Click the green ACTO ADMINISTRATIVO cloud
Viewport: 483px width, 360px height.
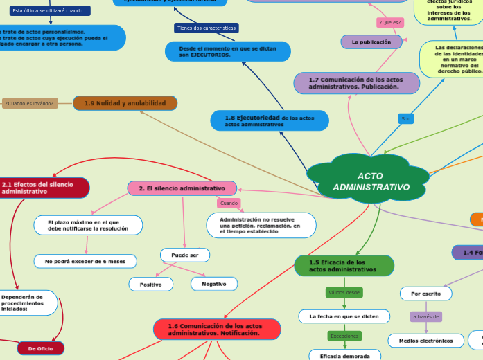[369, 181]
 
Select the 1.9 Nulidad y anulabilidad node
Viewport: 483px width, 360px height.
[125, 103]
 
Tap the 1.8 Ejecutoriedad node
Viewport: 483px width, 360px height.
[270, 120]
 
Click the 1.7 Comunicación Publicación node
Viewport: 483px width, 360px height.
[356, 83]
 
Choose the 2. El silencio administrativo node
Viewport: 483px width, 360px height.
[182, 188]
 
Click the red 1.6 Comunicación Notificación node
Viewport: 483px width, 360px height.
[216, 329]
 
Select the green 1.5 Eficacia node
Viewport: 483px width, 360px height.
[344, 265]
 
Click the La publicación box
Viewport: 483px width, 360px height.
[371, 42]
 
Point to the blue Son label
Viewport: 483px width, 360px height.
[406, 119]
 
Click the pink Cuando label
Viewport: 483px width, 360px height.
[229, 203]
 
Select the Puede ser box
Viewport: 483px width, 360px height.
[185, 255]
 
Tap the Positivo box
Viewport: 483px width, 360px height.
[151, 284]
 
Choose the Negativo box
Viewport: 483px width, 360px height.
[213, 284]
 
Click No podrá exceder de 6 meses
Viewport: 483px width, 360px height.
[85, 261]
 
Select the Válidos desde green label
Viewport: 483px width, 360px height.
[344, 292]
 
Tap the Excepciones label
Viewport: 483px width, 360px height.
[344, 336]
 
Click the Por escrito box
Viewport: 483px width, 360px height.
[426, 294]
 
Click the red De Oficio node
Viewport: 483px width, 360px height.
[41, 348]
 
